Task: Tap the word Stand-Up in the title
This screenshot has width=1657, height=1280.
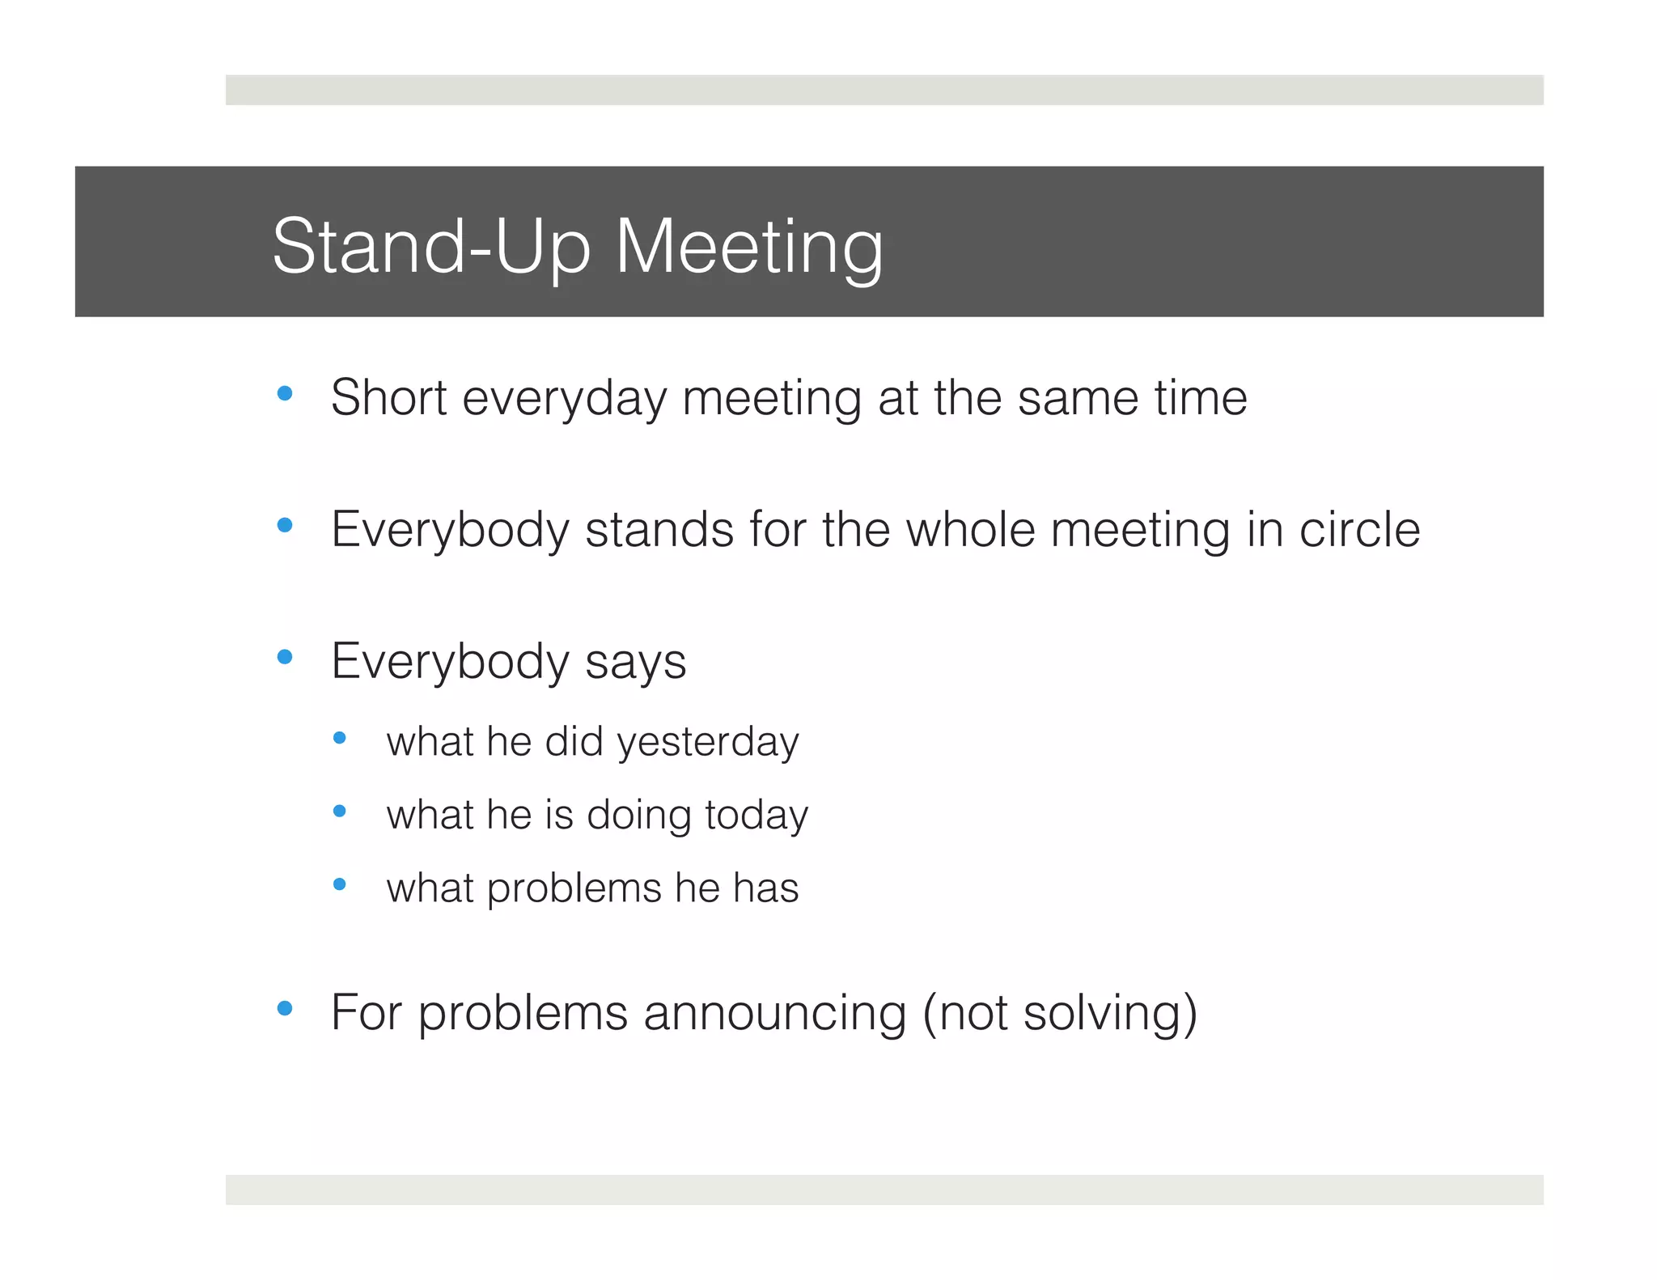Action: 431,247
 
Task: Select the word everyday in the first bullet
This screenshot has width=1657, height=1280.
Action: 564,399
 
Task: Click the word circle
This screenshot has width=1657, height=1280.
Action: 1359,530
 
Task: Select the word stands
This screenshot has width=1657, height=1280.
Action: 659,530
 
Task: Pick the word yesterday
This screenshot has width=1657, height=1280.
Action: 708,743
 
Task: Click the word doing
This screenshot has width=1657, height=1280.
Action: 638,816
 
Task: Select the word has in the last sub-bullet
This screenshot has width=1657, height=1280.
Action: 766,888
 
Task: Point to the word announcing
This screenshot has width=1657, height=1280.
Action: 774,1013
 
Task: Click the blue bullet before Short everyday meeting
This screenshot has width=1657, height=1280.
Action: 285,394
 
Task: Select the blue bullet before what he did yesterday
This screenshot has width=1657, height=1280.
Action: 340,737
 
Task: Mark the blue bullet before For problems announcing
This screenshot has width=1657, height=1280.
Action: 285,1008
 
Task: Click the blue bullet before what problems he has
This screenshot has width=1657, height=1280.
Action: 340,884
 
